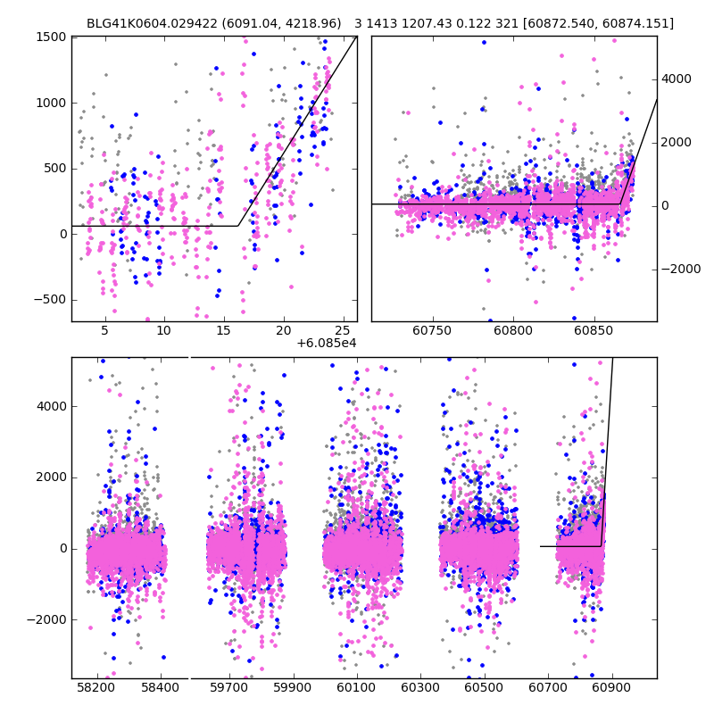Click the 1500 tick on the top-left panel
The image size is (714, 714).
(x=52, y=37)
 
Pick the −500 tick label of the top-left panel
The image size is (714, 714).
(x=48, y=300)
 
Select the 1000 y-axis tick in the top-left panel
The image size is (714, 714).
(x=52, y=103)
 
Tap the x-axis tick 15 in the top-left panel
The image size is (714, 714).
(x=224, y=330)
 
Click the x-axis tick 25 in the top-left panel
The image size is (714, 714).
(x=344, y=330)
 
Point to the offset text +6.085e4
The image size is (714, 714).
(x=327, y=343)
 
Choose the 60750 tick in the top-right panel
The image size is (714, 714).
(x=432, y=330)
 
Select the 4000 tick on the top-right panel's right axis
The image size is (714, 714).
(x=676, y=79)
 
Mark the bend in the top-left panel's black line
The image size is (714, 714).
(x=237, y=226)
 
